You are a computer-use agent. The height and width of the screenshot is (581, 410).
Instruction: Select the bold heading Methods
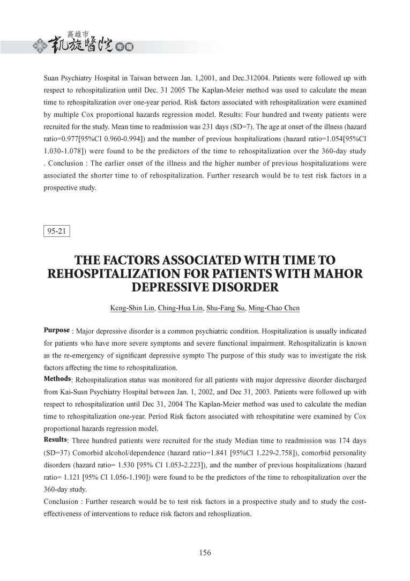tap(57, 379)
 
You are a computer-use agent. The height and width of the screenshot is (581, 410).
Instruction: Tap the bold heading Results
tap(55, 440)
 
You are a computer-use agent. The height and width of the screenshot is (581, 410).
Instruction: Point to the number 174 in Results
tap(332, 441)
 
